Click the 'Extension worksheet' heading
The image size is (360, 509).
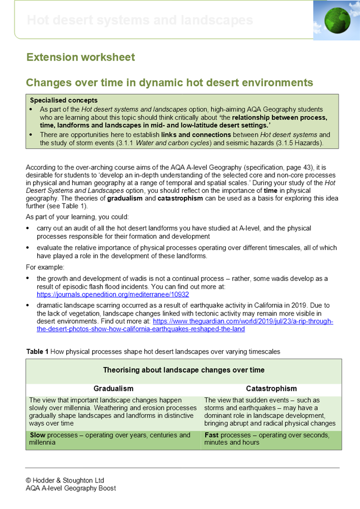(x=80, y=57)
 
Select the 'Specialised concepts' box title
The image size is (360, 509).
(x=64, y=100)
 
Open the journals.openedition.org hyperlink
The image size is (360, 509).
(x=113, y=294)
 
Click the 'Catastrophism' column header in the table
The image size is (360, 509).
(x=272, y=388)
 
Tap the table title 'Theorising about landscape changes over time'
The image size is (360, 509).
(x=184, y=370)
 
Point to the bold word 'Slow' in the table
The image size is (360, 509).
(x=37, y=435)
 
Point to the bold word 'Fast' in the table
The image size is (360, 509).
(x=212, y=435)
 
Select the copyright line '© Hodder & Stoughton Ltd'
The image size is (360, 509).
(x=65, y=480)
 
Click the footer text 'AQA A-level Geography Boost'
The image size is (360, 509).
(x=71, y=488)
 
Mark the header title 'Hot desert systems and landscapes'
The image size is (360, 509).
(x=140, y=20)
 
